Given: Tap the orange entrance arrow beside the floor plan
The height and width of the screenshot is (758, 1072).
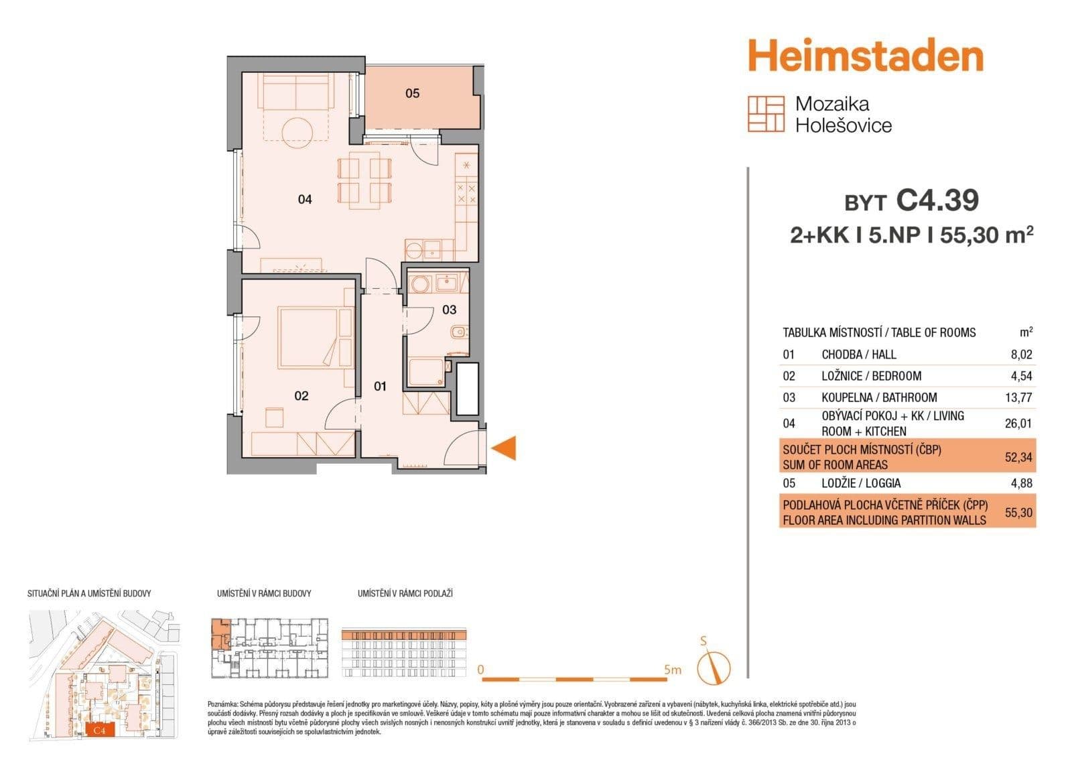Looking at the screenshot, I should pyautogui.click(x=505, y=448).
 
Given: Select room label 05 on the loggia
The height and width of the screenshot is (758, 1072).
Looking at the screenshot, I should pyautogui.click(x=412, y=94).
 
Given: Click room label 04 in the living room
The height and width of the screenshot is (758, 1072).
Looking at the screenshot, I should pyautogui.click(x=305, y=199).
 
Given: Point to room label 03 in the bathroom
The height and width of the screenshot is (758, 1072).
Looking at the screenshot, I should pyautogui.click(x=449, y=310).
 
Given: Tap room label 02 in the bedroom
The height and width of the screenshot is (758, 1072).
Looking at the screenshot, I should pyautogui.click(x=301, y=396).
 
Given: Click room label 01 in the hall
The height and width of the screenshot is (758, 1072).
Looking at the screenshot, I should pyautogui.click(x=380, y=386).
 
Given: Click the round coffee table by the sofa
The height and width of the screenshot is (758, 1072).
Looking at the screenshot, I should pyautogui.click(x=297, y=131).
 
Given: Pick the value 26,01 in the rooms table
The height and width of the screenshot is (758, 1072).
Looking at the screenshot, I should pyautogui.click(x=1018, y=424).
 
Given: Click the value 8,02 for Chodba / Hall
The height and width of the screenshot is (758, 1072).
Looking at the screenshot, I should pyautogui.click(x=1022, y=355).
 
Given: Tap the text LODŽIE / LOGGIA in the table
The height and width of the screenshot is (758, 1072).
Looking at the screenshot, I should pyautogui.click(x=861, y=483).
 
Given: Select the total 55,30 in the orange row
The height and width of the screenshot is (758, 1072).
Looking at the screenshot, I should pyautogui.click(x=1018, y=513).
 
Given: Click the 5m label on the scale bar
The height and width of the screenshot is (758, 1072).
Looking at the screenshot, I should pyautogui.click(x=672, y=670).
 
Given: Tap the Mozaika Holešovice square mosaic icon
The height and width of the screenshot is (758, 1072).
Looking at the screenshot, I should pyautogui.click(x=765, y=114).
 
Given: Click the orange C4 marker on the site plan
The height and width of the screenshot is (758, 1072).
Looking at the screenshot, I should pyautogui.click(x=99, y=731).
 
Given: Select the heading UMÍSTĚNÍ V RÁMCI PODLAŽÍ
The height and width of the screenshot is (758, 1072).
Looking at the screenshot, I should pyautogui.click(x=405, y=594).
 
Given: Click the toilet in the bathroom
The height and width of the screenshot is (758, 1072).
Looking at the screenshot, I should pyautogui.click(x=458, y=333).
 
